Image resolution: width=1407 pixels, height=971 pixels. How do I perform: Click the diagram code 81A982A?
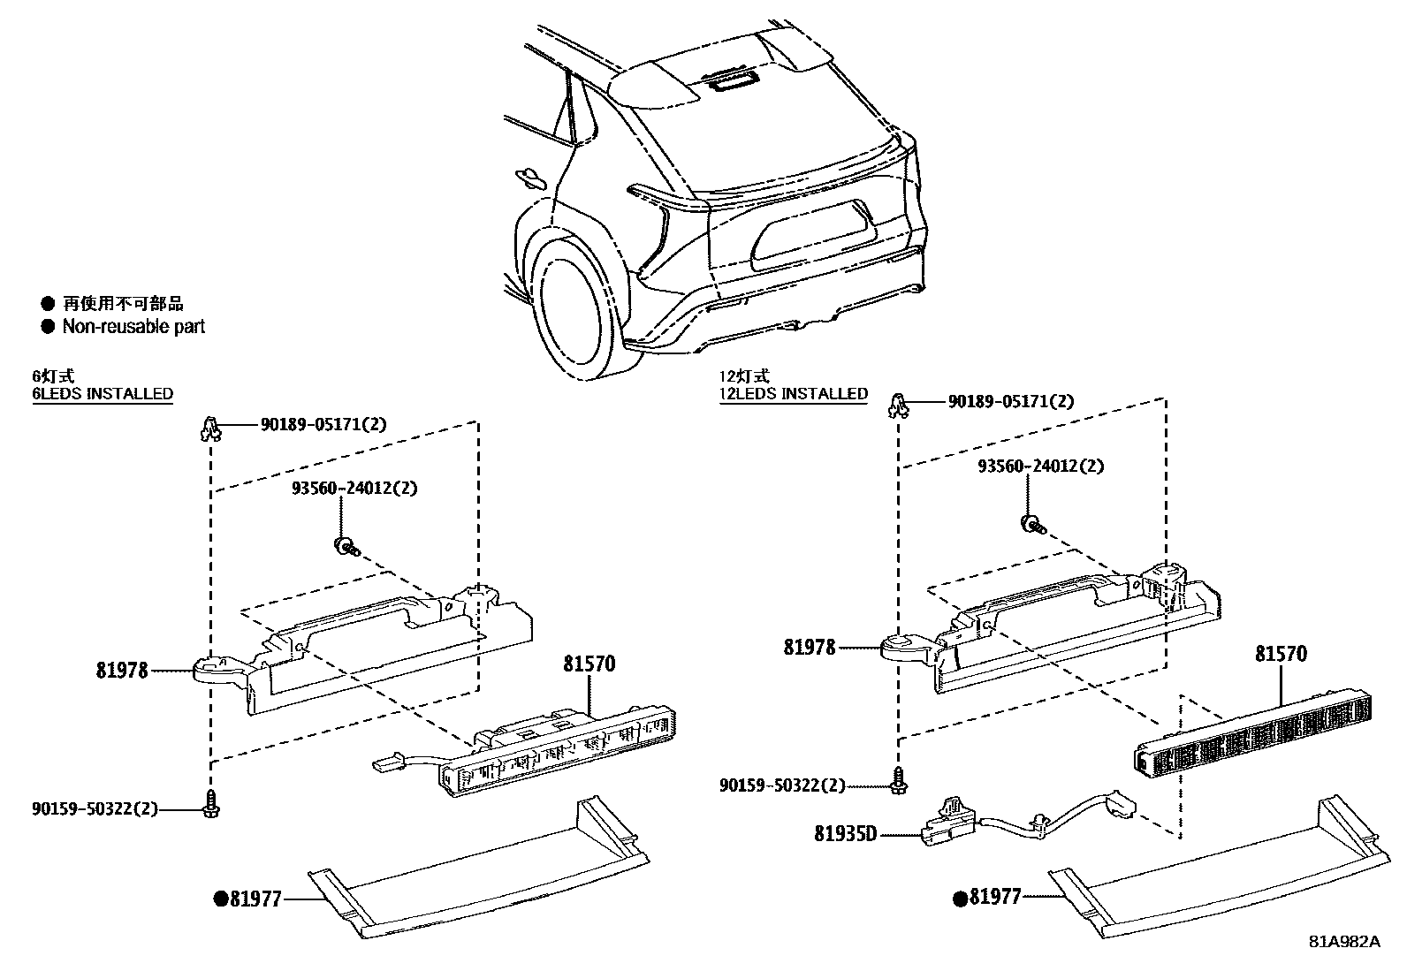[x=1343, y=942]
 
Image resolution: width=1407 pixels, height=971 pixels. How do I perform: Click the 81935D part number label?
[x=846, y=833]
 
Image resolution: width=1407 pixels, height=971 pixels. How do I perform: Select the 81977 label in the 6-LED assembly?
[x=255, y=899]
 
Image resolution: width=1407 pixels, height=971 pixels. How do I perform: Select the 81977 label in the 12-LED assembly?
[x=994, y=898]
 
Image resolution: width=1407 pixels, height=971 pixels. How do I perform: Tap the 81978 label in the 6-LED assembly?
[x=122, y=671]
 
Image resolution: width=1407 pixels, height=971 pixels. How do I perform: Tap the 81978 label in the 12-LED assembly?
[x=809, y=648]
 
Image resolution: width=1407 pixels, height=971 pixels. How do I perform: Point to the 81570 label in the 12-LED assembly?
[x=1282, y=655]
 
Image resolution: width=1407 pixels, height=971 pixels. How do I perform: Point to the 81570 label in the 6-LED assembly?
[x=589, y=664]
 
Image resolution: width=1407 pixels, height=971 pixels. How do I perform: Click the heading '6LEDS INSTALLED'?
[x=103, y=394]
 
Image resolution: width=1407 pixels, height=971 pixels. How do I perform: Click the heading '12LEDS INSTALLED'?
[x=794, y=393]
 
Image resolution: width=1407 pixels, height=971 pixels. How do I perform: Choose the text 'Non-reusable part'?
[x=133, y=327]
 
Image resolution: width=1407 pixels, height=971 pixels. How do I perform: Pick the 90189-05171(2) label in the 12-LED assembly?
[x=1010, y=402]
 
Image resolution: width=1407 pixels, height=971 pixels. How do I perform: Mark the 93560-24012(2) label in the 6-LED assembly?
[x=355, y=488]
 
